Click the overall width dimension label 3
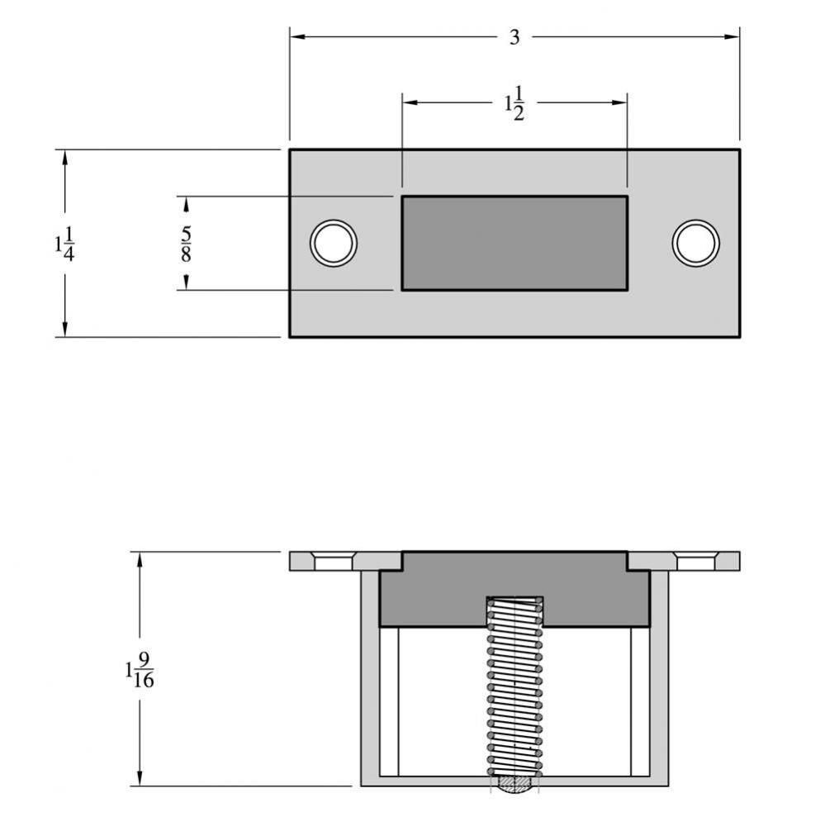pyautogui.click(x=514, y=38)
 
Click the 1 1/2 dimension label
pyautogui.click(x=514, y=104)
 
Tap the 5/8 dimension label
pyautogui.click(x=186, y=244)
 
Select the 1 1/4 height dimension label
pyautogui.click(x=64, y=244)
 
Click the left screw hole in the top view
pyautogui.click(x=334, y=243)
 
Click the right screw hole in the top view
pyautogui.click(x=695, y=243)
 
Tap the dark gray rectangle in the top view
pyautogui.click(x=514, y=243)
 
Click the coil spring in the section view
pyautogui.click(x=514, y=686)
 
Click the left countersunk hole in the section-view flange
pyautogui.click(x=334, y=562)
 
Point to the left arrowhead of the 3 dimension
pyautogui.click(x=296, y=36)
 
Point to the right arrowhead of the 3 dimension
pyautogui.click(x=733, y=36)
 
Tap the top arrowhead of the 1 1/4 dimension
pyautogui.click(x=64, y=156)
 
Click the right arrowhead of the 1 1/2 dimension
pyautogui.click(x=620, y=102)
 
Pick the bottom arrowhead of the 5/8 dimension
pyautogui.click(x=186, y=283)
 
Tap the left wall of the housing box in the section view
pyautogui.click(x=369, y=677)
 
